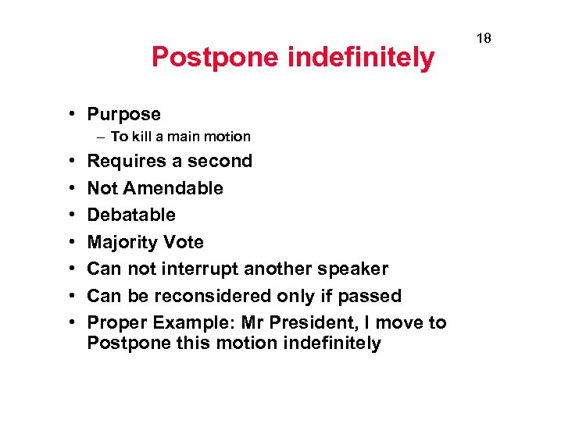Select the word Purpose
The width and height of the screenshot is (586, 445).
pyautogui.click(x=123, y=114)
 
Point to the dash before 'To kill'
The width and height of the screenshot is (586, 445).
pyautogui.click(x=101, y=137)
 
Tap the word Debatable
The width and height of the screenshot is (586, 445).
pyautogui.click(x=131, y=215)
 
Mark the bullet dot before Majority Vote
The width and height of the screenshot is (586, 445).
pyautogui.click(x=71, y=243)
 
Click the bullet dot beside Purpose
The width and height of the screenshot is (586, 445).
pyautogui.click(x=71, y=115)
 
